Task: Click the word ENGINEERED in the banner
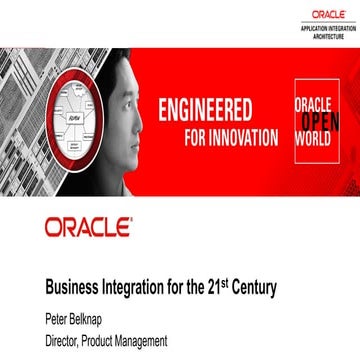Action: coord(207,109)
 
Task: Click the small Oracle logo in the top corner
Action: coord(328,15)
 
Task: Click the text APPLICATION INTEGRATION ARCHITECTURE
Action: coord(327,31)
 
